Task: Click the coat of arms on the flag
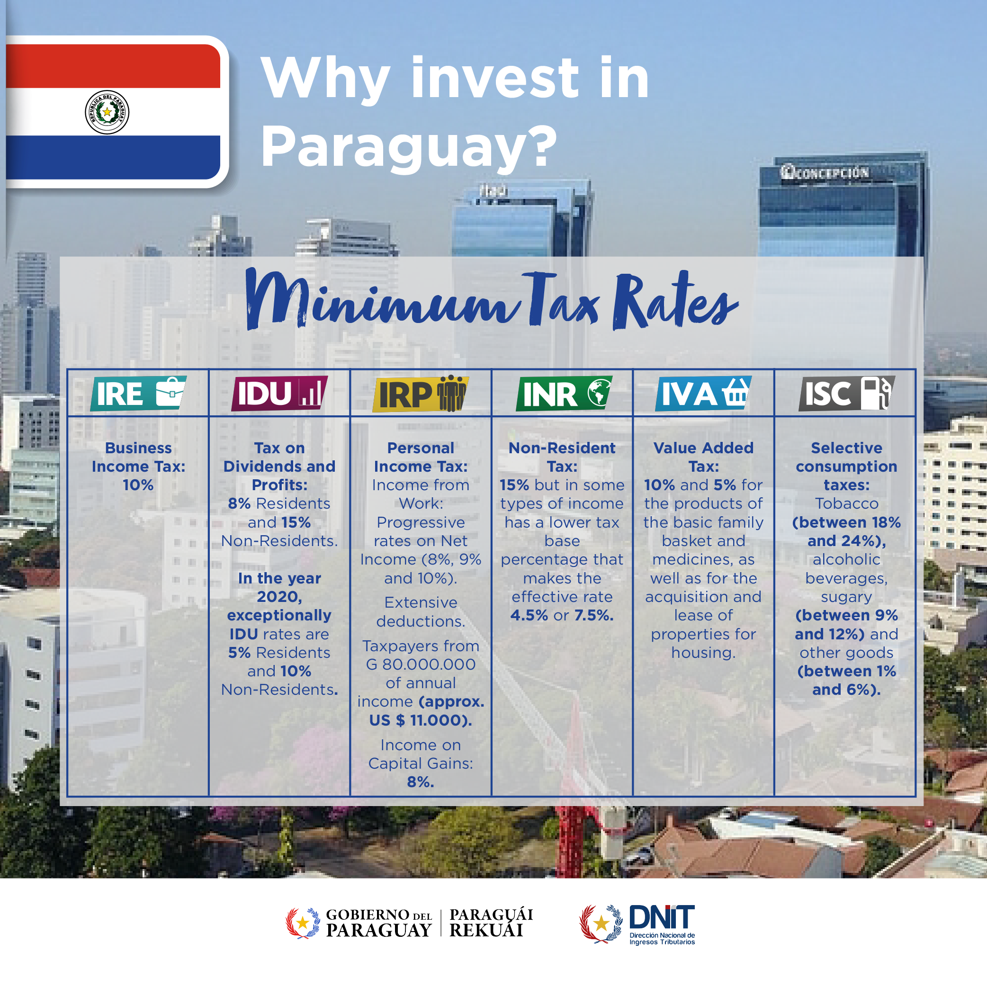pos(107,112)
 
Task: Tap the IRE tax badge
pos(138,394)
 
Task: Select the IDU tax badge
pos(279,394)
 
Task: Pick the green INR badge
pos(564,394)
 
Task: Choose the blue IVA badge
pos(703,394)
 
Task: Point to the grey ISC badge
pos(846,394)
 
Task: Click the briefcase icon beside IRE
pos(170,392)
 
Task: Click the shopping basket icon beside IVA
pos(736,392)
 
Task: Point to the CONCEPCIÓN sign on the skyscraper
pos(824,173)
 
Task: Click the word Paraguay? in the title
pos(409,147)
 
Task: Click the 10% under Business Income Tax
pos(138,485)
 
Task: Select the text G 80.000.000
pos(421,664)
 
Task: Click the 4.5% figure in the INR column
pos(529,615)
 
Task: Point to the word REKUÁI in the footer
pos(486,930)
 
